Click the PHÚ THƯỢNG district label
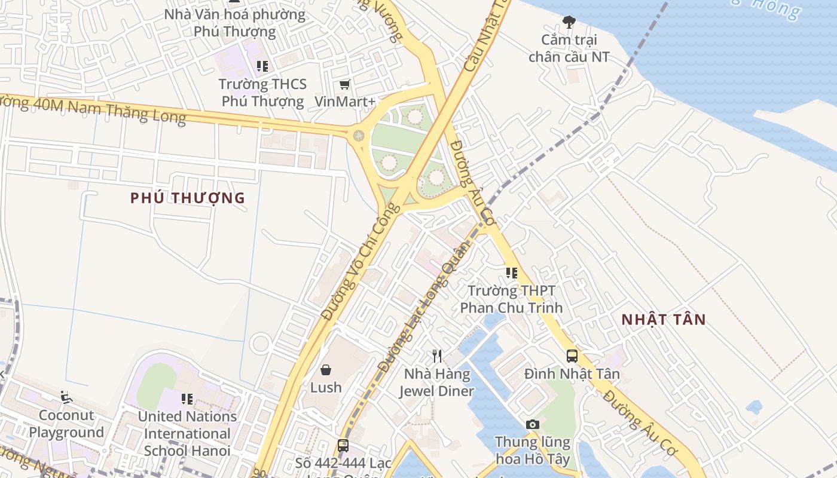188,198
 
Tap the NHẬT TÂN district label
664,319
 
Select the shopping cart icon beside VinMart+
344,85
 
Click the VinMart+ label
345,102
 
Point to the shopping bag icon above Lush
326,370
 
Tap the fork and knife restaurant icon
437,356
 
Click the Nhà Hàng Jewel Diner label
436,383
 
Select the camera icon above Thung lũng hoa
533,424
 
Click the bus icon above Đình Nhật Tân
572,356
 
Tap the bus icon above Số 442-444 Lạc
343,445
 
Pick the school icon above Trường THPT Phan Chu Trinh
512,273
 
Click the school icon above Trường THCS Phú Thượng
262,66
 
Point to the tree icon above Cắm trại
569,22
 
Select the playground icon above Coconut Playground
66,397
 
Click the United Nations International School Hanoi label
187,433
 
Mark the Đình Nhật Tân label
572,374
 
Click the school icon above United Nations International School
187,399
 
